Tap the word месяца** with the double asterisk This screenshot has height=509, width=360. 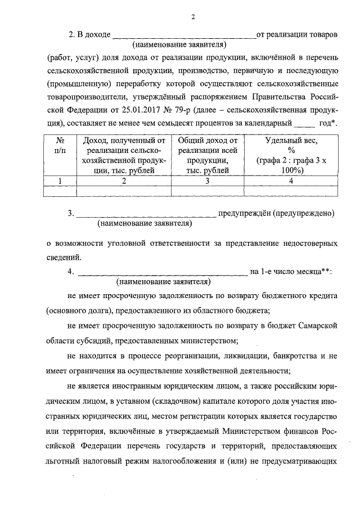pos(308,272)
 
